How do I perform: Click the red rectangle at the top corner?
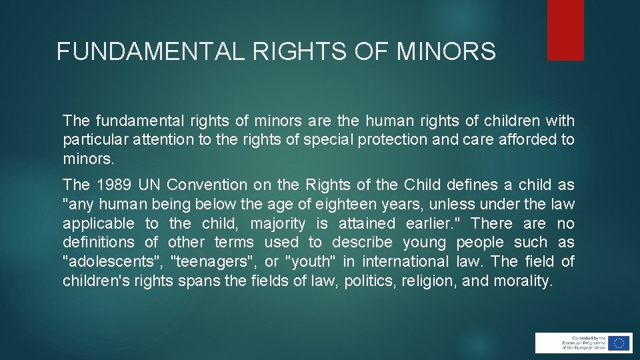(565, 30)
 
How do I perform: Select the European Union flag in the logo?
(619, 343)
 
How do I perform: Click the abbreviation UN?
(150, 185)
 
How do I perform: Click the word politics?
(369, 281)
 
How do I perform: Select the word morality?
(523, 281)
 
